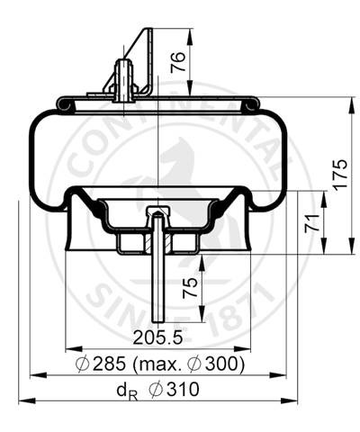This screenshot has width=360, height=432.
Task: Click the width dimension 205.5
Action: pos(159,338)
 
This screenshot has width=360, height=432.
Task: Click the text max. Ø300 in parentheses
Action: pos(192,364)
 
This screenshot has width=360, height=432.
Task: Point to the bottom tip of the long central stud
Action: pos(157,319)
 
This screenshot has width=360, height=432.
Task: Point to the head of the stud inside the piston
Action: pos(157,214)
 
